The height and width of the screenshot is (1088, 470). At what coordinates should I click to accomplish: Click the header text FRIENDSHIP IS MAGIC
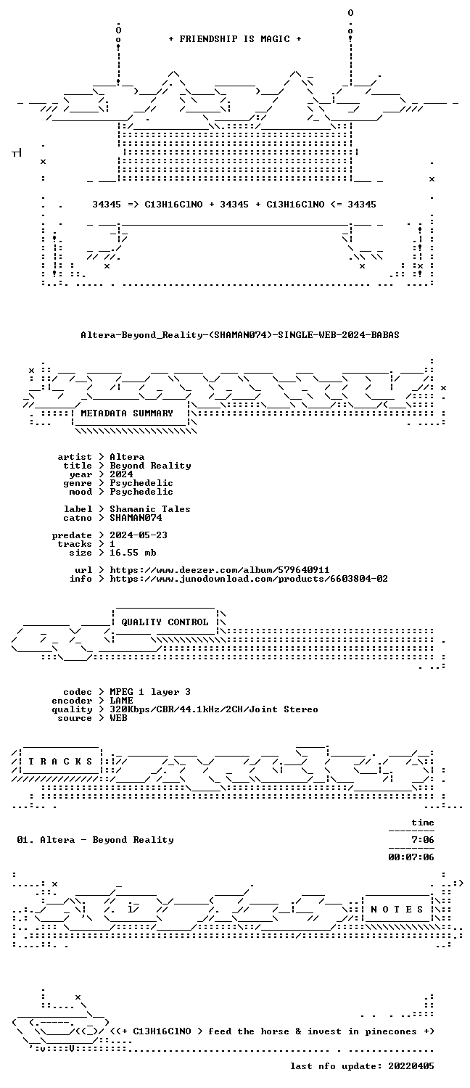[x=234, y=39]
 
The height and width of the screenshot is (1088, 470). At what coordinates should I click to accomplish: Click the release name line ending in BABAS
[x=240, y=334]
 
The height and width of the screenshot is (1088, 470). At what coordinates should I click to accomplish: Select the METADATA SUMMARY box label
[x=127, y=413]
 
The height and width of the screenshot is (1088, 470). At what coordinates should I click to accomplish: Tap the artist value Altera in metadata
[x=127, y=457]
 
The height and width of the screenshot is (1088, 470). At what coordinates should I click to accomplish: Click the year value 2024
[x=121, y=474]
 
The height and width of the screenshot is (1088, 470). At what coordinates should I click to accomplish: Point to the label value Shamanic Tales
[x=150, y=509]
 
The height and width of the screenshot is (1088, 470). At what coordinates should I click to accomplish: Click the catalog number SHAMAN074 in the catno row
[x=136, y=518]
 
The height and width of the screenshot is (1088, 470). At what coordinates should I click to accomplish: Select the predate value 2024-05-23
[x=139, y=535]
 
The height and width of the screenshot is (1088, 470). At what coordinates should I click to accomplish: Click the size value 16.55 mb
[x=133, y=553]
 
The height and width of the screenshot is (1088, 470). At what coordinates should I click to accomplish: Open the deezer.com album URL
[x=220, y=570]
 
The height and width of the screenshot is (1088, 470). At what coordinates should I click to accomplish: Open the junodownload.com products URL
[x=249, y=579]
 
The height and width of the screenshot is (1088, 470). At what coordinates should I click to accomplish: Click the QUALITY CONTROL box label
[x=165, y=622]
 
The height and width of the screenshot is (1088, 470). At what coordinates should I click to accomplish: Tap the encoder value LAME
[x=121, y=701]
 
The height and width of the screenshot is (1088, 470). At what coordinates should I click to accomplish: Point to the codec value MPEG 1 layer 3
[x=150, y=692]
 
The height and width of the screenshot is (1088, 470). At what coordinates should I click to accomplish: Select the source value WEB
[x=118, y=718]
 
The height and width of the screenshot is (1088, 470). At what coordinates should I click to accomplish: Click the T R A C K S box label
[x=60, y=762]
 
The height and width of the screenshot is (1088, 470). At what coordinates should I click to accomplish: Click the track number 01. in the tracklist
[x=25, y=840]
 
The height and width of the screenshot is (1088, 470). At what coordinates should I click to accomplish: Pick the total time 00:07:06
[x=411, y=857]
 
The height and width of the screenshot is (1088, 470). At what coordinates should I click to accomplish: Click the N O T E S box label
[x=397, y=910]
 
